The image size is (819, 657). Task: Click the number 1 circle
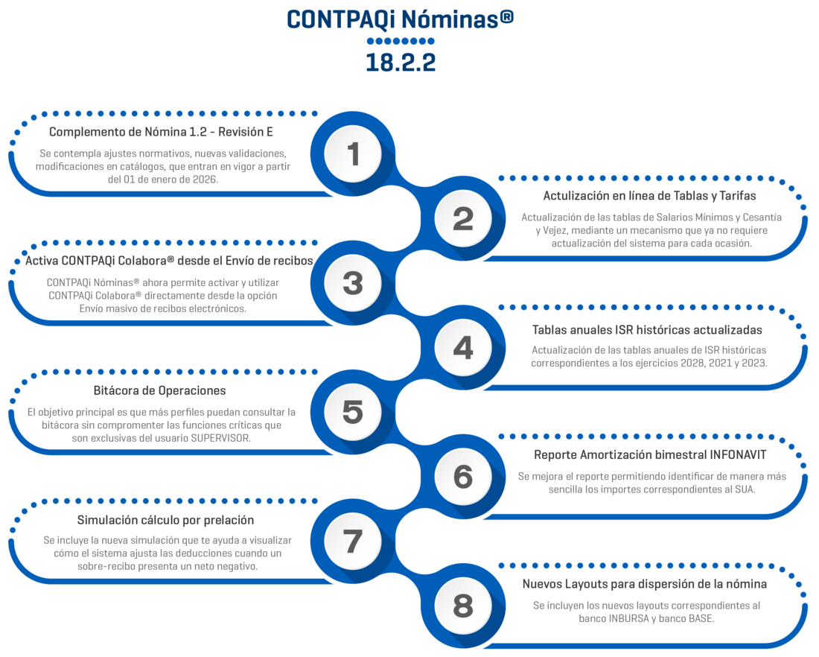click(x=353, y=154)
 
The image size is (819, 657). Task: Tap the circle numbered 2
click(x=463, y=219)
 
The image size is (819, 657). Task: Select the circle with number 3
click(x=353, y=283)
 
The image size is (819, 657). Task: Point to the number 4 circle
click(x=463, y=348)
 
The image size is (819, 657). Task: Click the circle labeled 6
click(x=463, y=477)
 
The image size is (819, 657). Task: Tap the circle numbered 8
click(x=463, y=606)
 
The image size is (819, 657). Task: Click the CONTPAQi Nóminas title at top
click(x=400, y=20)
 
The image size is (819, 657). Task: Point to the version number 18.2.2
click(x=400, y=63)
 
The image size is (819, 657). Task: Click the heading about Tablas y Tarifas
click(x=649, y=196)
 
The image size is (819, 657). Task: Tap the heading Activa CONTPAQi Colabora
click(x=167, y=261)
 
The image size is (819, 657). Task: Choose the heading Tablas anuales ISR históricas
click(x=647, y=329)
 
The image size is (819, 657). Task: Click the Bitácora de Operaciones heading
click(x=160, y=390)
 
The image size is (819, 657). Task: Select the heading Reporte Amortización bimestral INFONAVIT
click(x=650, y=454)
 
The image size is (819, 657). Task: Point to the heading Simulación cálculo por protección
click(x=165, y=520)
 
